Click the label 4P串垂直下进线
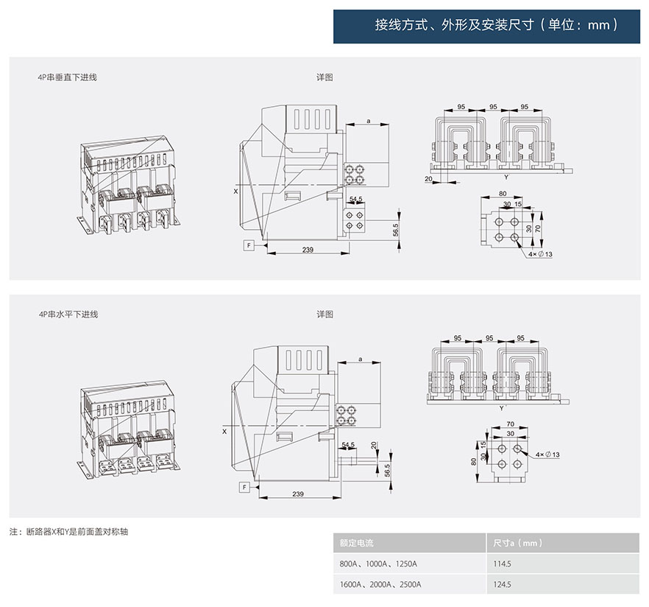point(68,77)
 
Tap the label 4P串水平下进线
point(68,315)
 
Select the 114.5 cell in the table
point(503,564)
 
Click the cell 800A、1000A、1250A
point(378,564)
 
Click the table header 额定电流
point(356,543)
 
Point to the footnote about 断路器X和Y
point(69,531)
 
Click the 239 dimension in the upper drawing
point(308,250)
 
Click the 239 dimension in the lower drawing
point(298,494)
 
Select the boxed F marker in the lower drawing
point(244,488)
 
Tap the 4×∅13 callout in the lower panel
point(547,455)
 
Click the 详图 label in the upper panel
point(325,77)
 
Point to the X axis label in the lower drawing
point(224,432)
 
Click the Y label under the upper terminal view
point(506,178)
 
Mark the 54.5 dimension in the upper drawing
point(355,200)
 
